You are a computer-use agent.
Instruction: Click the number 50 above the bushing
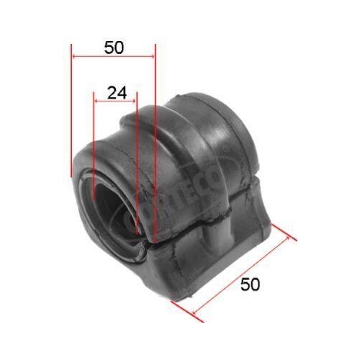tap(114, 48)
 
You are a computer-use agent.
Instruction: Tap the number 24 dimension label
tap(116, 92)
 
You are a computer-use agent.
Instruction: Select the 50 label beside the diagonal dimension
tap(250, 284)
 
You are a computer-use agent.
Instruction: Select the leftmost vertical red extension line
tap(72, 115)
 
